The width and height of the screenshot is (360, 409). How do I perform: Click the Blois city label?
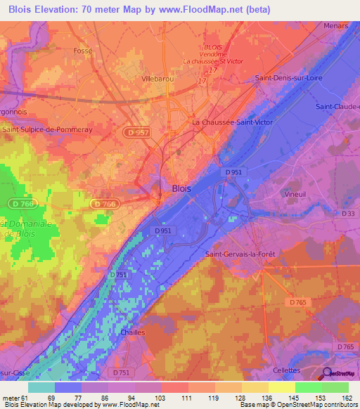coord(180,188)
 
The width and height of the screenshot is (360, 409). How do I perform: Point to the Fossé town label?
coord(83,51)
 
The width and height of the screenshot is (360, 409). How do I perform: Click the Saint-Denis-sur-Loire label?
coord(288,78)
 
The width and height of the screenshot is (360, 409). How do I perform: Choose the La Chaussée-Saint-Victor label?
coord(233,122)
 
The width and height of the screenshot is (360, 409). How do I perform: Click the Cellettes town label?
coord(286,370)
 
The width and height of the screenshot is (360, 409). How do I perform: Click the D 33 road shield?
coord(349,213)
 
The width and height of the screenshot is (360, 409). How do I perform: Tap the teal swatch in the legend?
coord(41,387)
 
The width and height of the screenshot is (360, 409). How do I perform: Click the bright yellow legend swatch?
coord(281,387)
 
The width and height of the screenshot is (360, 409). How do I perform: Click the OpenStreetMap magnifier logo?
coord(327,375)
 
